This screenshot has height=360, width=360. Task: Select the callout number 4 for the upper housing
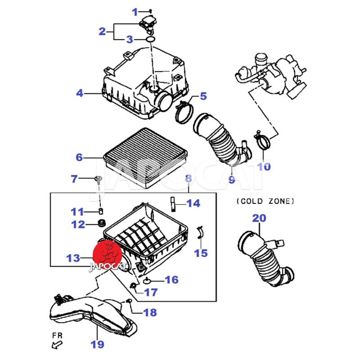(80, 94)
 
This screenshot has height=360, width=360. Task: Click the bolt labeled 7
(98, 180)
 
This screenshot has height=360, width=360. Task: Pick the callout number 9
(231, 180)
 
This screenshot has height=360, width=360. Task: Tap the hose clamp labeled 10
(263, 142)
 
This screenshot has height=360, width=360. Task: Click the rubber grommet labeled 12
(102, 223)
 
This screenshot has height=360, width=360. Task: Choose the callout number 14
(193, 203)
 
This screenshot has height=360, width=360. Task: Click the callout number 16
(171, 280)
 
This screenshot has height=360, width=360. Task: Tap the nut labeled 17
(134, 286)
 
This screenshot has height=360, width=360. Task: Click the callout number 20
(259, 218)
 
